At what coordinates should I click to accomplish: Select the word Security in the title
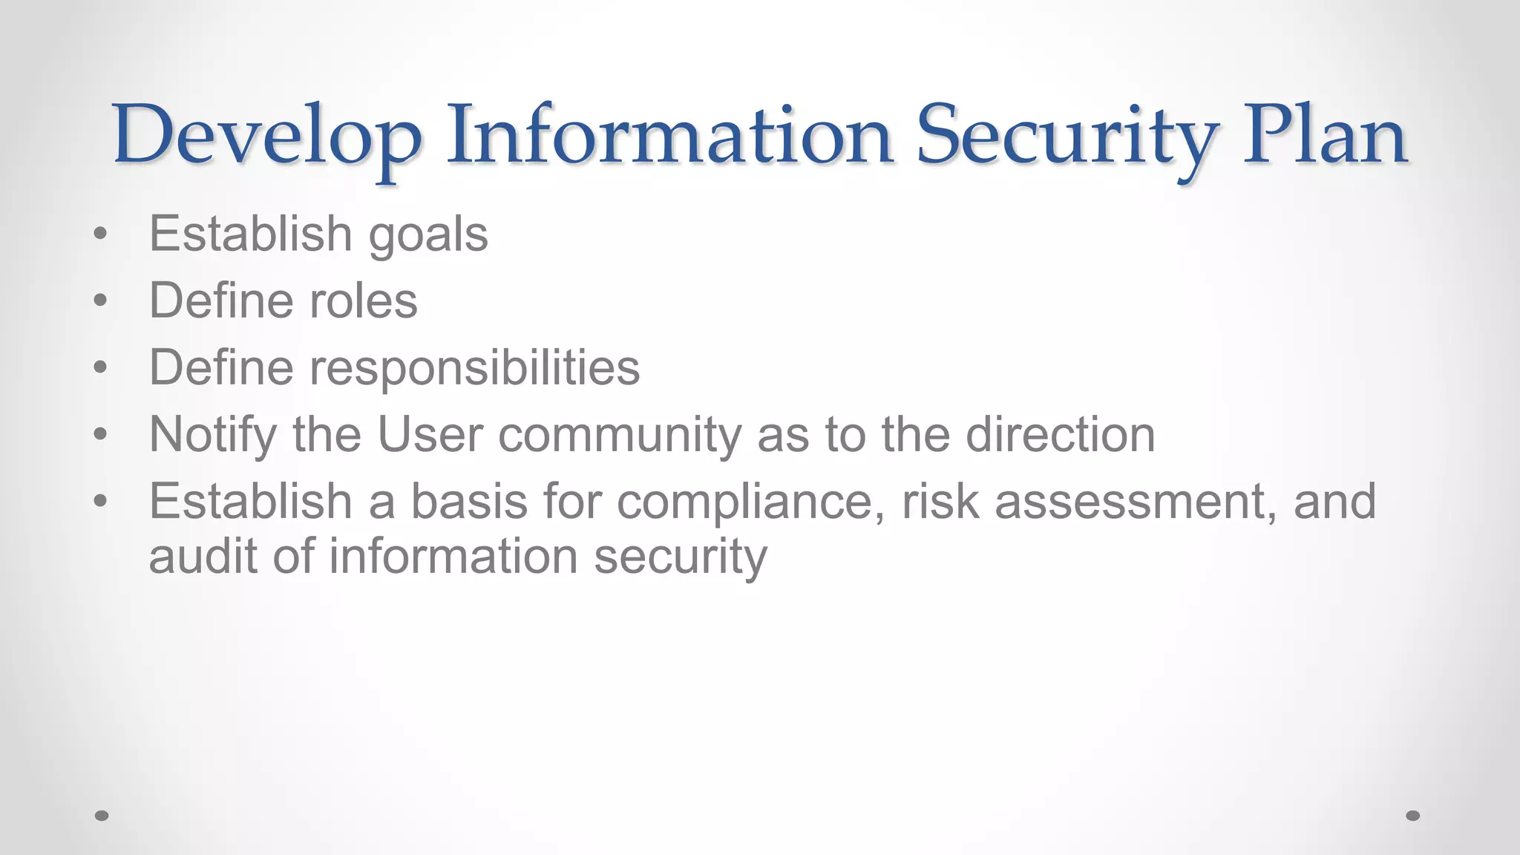1067,137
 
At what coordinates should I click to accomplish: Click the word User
430,434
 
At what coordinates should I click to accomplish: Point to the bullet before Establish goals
101,235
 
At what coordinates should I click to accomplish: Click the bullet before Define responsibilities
101,368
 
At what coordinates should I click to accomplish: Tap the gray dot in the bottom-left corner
102,816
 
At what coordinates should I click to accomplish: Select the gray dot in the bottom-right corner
1413,816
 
